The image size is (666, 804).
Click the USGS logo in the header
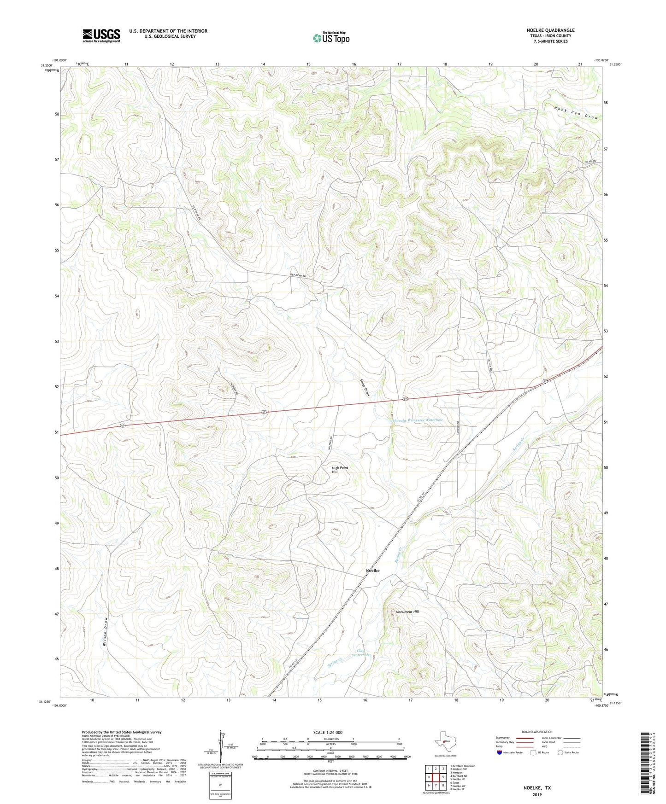point(101,35)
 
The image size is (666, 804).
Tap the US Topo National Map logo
point(331,38)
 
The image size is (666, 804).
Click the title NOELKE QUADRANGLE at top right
point(550,30)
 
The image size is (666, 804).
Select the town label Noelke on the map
point(372,571)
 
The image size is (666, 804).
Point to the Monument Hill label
point(407,612)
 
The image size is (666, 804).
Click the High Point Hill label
point(340,470)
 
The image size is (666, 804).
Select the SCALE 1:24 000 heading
point(328,733)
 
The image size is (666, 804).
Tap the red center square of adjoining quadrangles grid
point(436,777)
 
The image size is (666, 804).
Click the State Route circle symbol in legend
point(560,753)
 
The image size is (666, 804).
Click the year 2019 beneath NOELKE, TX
point(537,795)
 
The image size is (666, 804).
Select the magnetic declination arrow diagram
point(224,749)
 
